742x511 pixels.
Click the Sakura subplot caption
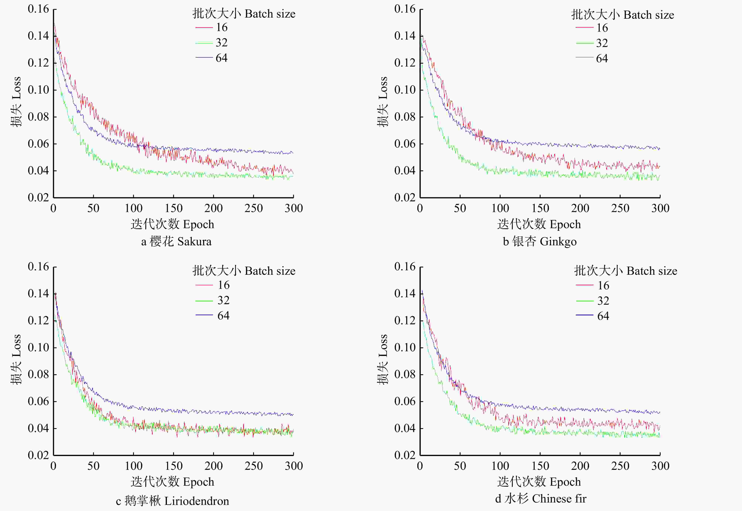click(x=176, y=241)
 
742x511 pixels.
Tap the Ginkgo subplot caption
click(x=540, y=241)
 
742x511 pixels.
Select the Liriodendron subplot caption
click(x=172, y=501)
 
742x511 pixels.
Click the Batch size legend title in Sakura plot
click(x=244, y=14)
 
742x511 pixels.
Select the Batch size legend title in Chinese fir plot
click(x=626, y=271)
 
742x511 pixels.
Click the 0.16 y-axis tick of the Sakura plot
click(x=38, y=9)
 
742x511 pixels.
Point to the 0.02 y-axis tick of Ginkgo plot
click(x=405, y=198)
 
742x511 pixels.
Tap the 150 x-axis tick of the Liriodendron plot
click(x=173, y=466)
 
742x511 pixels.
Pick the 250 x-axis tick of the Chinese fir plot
click(x=620, y=466)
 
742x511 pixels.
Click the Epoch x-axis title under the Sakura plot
click(x=172, y=224)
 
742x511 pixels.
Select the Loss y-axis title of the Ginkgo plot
click(x=383, y=102)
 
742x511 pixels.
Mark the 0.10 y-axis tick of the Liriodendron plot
click(x=38, y=347)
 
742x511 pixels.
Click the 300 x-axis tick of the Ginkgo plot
click(x=660, y=208)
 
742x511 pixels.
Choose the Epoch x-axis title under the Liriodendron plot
click(x=172, y=482)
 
